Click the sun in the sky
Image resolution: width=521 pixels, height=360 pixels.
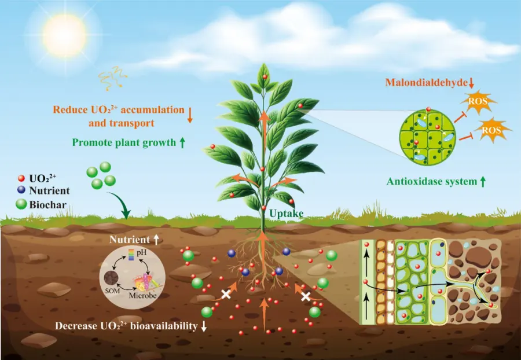point(64,35)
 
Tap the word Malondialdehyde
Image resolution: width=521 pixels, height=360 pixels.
point(426,82)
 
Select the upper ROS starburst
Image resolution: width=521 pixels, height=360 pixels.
point(478,101)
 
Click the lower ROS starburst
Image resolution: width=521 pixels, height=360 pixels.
point(491,130)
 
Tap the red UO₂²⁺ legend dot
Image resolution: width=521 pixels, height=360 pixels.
point(21,178)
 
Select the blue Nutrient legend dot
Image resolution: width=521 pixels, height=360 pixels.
point(21,190)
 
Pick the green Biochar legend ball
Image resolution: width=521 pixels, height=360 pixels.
point(21,204)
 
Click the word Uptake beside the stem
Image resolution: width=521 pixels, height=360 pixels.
point(286,214)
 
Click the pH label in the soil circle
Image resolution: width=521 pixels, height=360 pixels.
point(141,252)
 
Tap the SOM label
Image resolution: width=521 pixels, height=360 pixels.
point(112,291)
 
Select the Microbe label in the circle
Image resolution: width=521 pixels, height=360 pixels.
point(143,295)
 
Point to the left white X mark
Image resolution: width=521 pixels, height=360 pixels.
point(226,294)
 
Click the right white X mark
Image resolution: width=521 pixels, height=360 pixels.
point(306,296)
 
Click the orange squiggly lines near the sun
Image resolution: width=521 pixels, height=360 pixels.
point(112,78)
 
